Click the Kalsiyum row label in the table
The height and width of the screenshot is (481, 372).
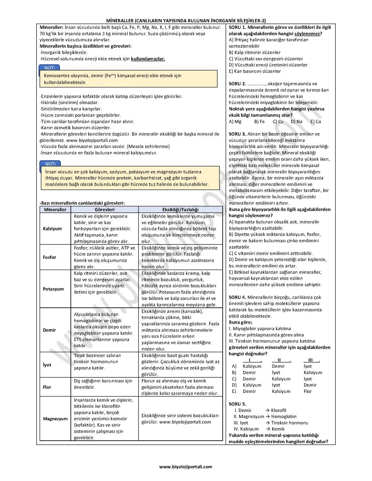52,229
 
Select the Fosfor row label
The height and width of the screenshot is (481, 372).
50,257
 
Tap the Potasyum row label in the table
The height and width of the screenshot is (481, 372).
53,289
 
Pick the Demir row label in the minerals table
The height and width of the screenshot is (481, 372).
49,330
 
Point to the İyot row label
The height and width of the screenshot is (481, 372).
47,365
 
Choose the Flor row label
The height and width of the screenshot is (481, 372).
47,387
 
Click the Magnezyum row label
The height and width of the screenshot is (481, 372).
55,419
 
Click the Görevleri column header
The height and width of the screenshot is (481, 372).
104,209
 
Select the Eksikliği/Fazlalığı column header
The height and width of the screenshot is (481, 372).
180,209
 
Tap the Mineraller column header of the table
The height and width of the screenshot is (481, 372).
55,209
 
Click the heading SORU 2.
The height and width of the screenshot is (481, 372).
237,84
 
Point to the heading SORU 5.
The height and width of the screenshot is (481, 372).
237,404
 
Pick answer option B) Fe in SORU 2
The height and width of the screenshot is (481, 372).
259,121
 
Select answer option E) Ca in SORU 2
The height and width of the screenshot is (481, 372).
316,121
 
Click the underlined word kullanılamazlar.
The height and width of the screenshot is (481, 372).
148,59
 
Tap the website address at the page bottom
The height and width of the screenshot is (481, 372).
186,467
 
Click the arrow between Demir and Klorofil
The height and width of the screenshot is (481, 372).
267,410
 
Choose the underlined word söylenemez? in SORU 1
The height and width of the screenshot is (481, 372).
308,33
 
